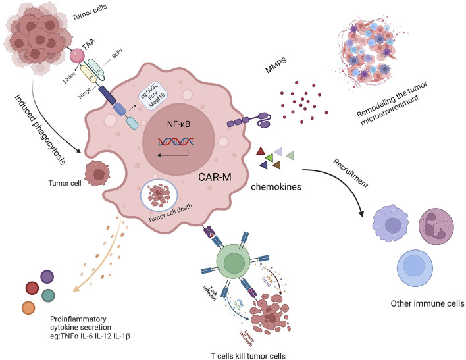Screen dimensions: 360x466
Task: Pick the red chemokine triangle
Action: pos(261,153)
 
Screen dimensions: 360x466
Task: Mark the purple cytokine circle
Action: pos(47,277)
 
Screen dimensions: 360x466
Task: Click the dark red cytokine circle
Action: pos(32,288)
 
